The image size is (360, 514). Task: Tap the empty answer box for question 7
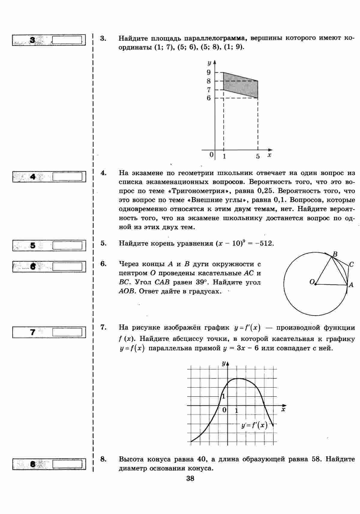pos(67,332)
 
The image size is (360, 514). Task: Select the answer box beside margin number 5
pos(67,246)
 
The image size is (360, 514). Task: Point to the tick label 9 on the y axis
pos(208,72)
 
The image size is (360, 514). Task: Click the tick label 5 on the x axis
pos(258,156)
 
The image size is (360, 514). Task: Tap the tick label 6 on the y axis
pos(208,98)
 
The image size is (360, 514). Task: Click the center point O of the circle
pos(315,284)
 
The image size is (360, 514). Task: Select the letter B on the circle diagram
pos(335,254)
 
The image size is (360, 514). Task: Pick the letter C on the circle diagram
pos(351,265)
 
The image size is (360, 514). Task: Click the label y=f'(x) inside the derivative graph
pos(254,425)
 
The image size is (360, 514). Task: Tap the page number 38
pos(190,479)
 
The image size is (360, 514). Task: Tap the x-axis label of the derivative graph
pos(283,409)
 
